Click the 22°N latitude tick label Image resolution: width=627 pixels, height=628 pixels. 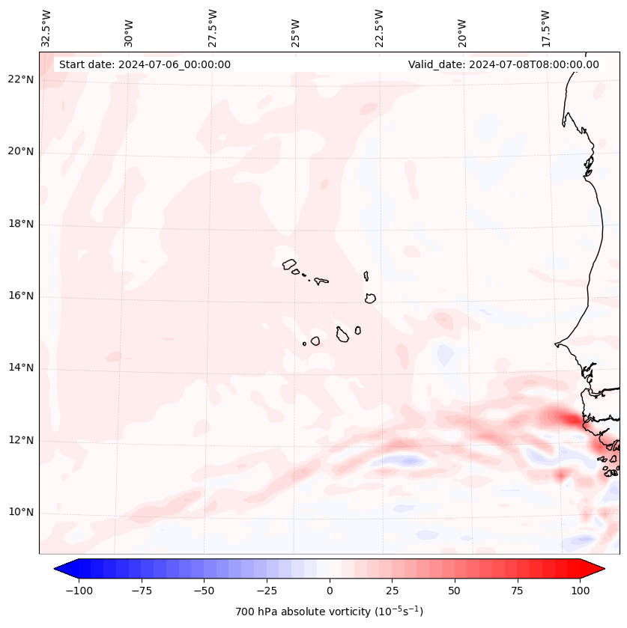(x=20, y=80)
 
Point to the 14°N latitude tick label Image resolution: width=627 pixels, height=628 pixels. (x=20, y=368)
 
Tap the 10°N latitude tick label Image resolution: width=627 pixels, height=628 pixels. (x=20, y=513)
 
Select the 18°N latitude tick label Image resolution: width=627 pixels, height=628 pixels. (x=20, y=225)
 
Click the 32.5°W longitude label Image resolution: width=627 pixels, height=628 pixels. (x=46, y=28)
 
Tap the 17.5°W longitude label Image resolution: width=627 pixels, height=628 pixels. (x=545, y=28)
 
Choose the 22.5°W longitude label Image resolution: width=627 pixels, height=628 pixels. (x=378, y=28)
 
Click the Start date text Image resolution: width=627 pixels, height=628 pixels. (x=145, y=64)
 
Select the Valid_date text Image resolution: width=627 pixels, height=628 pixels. (x=503, y=64)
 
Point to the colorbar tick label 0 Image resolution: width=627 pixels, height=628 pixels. (x=330, y=591)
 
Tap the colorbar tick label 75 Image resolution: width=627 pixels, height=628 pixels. (x=517, y=591)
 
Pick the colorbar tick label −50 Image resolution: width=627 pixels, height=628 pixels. (x=203, y=591)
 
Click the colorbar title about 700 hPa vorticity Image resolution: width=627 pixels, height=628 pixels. (x=329, y=612)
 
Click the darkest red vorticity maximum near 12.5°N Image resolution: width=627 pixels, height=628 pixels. (x=571, y=420)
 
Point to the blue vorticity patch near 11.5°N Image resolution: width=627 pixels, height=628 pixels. (x=408, y=461)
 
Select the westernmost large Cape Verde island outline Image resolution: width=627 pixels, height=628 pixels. (x=289, y=264)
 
